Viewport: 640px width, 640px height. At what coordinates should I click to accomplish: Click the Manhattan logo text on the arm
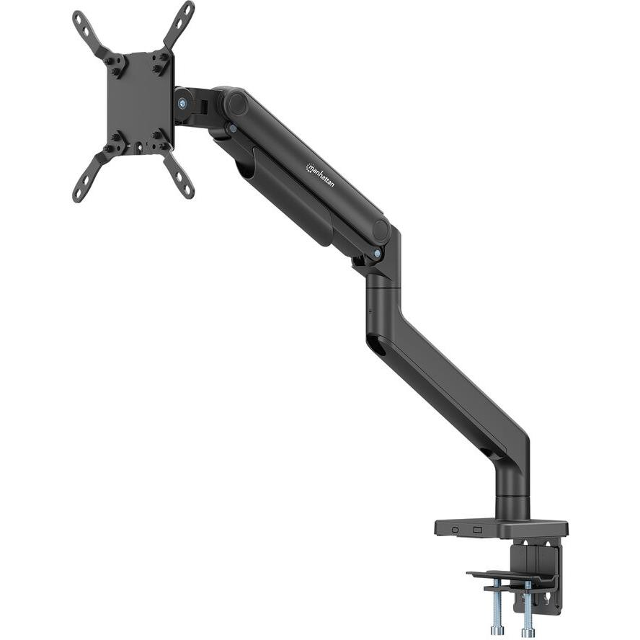(320, 175)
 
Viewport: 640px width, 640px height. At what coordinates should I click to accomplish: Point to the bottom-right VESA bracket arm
(179, 176)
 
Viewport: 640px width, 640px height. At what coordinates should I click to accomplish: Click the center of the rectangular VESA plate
(139, 101)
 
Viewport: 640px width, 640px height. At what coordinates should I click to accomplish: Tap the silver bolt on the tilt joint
(182, 103)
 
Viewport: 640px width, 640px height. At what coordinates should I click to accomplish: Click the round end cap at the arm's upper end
(235, 103)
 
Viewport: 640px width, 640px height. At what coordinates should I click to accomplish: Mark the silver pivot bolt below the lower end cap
(378, 253)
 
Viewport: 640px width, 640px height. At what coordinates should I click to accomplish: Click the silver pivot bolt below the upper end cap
(231, 129)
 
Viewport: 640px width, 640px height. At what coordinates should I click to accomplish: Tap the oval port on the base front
(455, 530)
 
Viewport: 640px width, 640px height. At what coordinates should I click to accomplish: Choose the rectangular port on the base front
(476, 530)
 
